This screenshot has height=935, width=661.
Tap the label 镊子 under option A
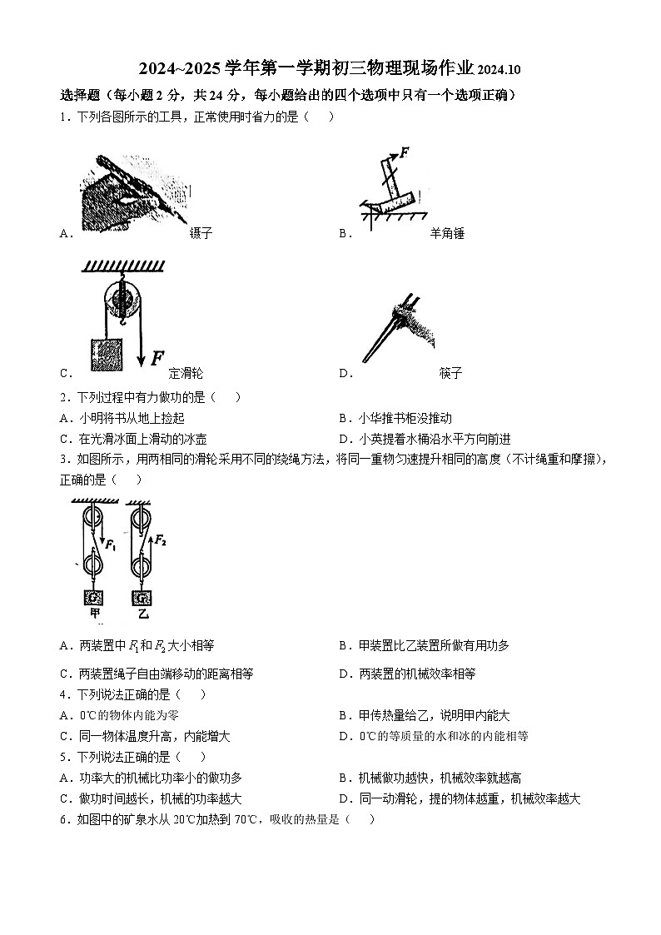[201, 233]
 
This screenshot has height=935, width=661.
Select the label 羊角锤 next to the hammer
[447, 233]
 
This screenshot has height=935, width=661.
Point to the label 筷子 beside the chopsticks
[450, 373]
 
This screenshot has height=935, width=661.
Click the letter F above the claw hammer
[405, 152]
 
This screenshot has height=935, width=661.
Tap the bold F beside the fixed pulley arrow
[157, 358]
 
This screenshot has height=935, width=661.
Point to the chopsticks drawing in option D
[391, 329]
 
